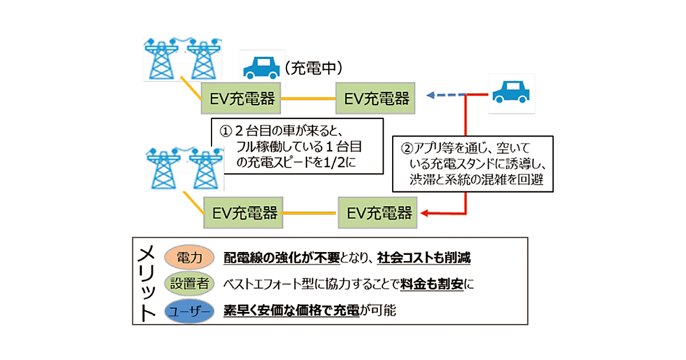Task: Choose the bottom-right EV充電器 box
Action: (379, 213)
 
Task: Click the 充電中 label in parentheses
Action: (313, 69)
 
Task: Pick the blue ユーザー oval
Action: (188, 311)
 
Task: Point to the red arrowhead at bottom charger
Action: (424, 214)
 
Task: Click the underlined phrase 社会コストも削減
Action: (424, 258)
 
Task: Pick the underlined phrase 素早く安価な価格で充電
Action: (292, 311)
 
